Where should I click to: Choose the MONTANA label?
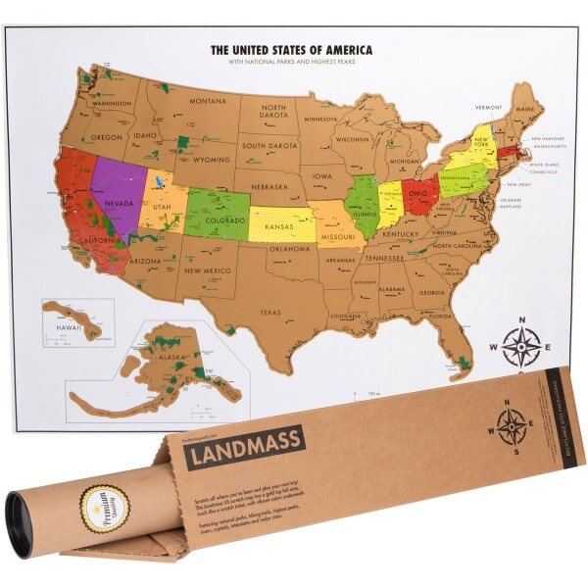click(x=207, y=102)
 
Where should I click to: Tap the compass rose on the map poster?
click(x=521, y=345)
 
